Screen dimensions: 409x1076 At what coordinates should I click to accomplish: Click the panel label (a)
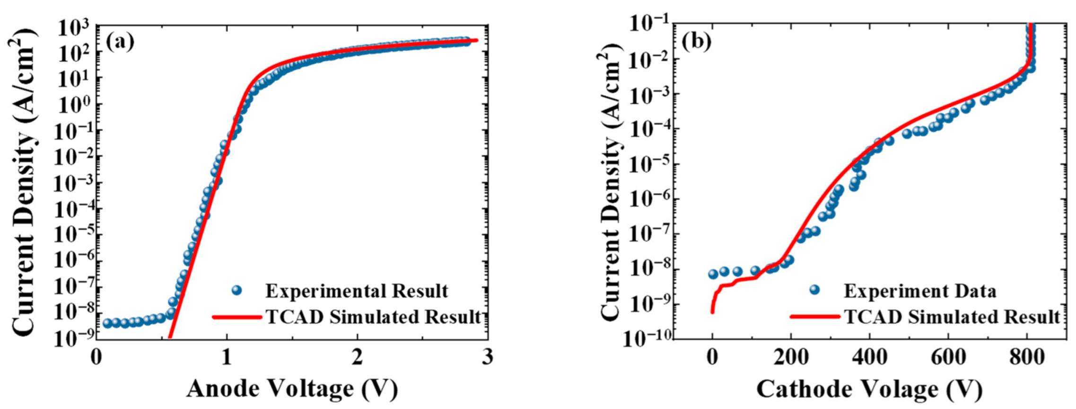point(120,42)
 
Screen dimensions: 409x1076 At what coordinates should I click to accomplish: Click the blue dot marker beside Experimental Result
point(237,290)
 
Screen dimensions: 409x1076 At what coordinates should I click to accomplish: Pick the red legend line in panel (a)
point(237,317)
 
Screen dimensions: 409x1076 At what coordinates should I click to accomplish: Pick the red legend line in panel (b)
point(814,316)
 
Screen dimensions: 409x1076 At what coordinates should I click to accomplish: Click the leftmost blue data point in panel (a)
point(107,323)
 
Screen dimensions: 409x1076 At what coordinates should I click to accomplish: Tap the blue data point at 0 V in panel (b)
point(713,274)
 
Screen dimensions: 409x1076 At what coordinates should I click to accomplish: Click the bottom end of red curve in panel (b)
point(712,312)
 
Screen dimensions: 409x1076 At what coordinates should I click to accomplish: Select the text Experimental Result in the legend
point(357,291)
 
